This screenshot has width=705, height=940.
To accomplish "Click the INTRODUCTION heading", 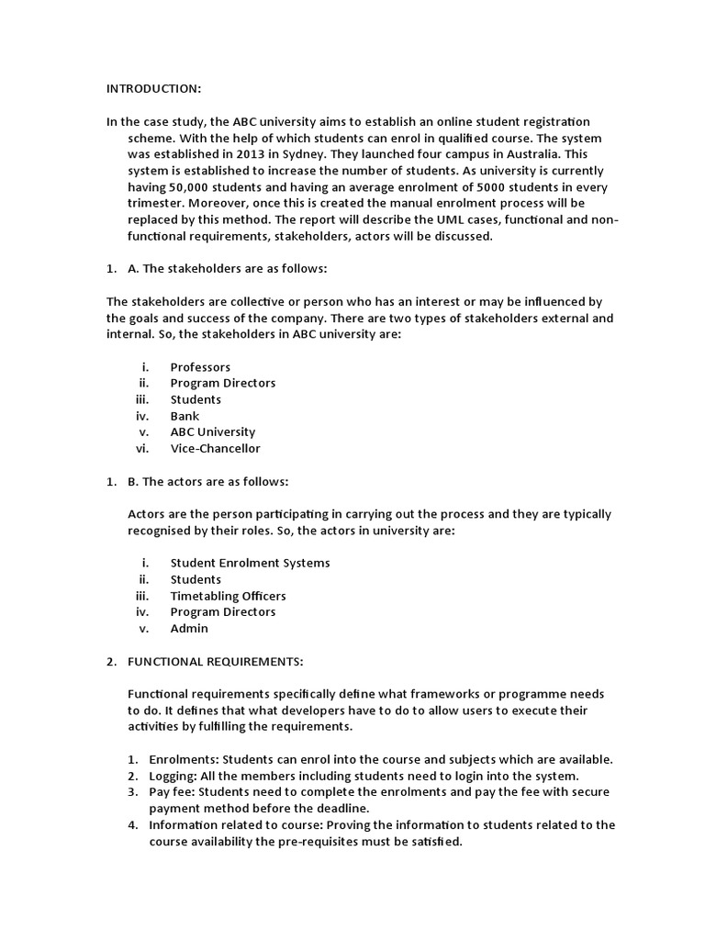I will click(153, 89).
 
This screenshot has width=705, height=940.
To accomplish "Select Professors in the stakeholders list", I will click(200, 367).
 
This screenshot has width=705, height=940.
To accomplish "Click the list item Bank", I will click(185, 416).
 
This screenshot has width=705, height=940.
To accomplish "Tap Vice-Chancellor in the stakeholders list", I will click(215, 449).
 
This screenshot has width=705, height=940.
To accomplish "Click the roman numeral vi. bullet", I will click(141, 449).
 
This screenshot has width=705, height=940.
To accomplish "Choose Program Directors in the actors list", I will click(222, 612).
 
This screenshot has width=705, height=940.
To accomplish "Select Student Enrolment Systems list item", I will click(250, 563).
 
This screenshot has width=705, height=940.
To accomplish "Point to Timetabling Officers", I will click(228, 596).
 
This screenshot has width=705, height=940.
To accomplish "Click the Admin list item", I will click(189, 629).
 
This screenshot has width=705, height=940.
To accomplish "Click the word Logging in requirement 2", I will click(172, 776).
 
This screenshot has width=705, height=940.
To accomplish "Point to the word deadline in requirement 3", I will click(342, 808).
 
